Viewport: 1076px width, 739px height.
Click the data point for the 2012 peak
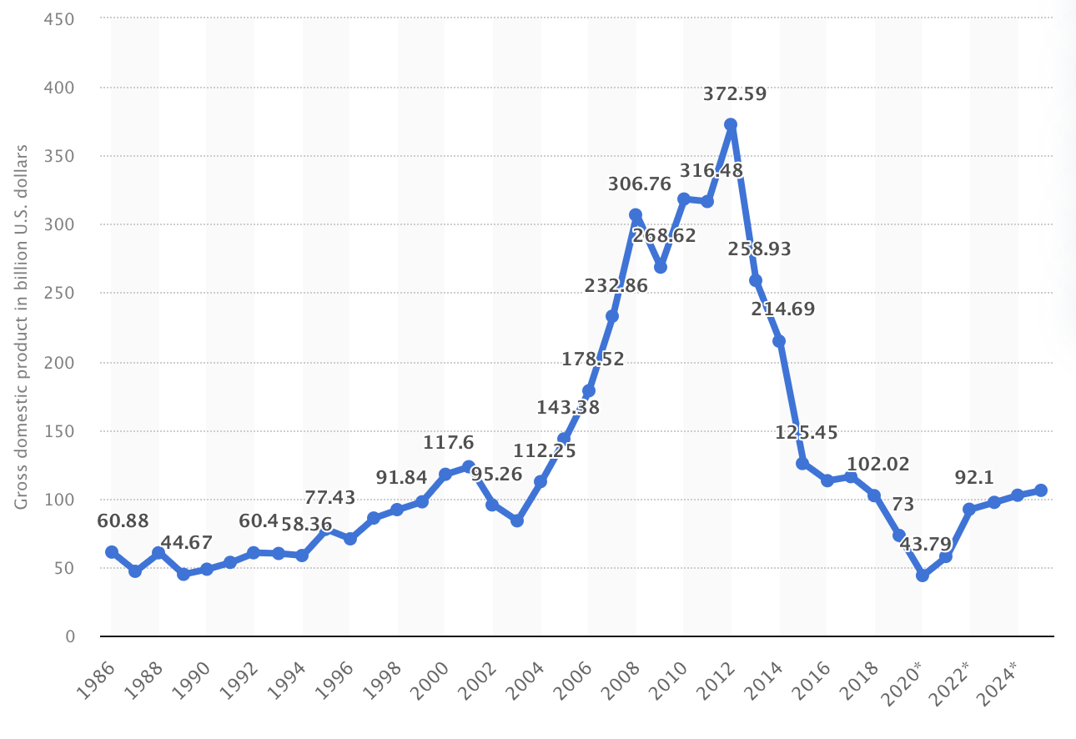731,125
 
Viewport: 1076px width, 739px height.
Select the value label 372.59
735,94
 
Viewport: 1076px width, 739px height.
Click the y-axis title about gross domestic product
22,326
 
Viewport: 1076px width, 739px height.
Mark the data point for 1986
112,552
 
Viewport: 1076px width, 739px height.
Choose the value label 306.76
640,184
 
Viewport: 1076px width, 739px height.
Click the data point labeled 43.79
922,576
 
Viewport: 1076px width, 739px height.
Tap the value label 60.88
123,521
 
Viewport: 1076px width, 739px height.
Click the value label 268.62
664,236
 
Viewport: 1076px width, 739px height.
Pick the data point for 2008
636,215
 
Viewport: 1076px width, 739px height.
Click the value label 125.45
807,432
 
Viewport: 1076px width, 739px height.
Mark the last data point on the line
1040,490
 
